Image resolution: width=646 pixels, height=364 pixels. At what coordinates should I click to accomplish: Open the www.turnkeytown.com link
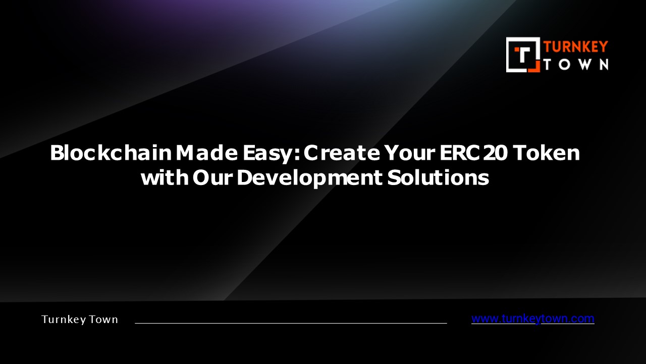pyautogui.click(x=532, y=318)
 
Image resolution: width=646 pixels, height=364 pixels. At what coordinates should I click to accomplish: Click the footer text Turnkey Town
pyautogui.click(x=80, y=320)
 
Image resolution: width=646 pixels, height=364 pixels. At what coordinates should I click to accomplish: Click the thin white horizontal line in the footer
pyautogui.click(x=291, y=323)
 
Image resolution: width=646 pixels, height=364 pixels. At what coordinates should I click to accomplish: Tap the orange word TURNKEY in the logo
pyautogui.click(x=575, y=47)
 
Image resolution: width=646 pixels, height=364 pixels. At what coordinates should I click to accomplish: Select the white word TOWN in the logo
pyautogui.click(x=575, y=64)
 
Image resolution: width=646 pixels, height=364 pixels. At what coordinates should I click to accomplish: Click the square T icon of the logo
pyautogui.click(x=523, y=55)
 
